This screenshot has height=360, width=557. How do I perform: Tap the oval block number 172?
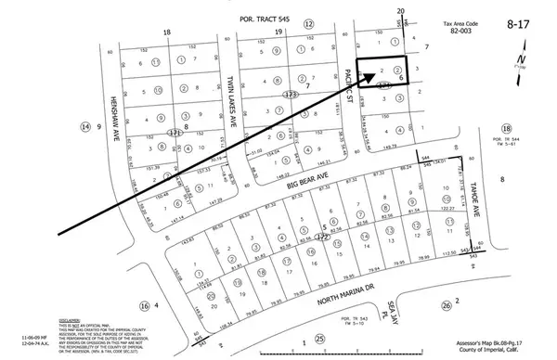click(x=325, y=238)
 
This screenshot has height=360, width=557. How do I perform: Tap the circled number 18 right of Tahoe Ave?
click(x=507, y=129)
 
